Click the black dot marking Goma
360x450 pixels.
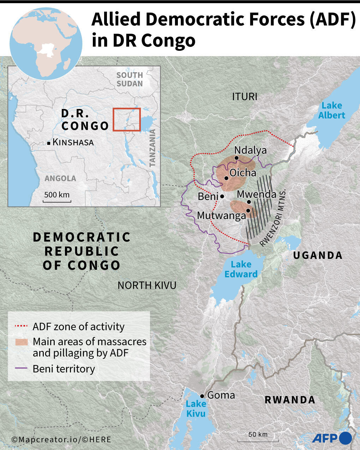[202, 396]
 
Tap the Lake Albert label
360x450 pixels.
[331, 110]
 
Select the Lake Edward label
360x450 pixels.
[241, 269]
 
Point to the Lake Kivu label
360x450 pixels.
[196, 408]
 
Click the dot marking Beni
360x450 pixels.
[222, 196]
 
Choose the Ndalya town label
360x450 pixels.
[250, 150]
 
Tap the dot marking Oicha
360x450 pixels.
[226, 178]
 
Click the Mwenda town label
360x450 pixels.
[256, 194]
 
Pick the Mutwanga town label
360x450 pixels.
[221, 215]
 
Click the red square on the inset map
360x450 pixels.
[127, 120]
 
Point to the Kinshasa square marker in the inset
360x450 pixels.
[49, 143]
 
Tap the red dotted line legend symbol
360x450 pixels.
[21, 327]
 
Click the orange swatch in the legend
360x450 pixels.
[21, 342]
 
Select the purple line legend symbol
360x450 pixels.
[21, 369]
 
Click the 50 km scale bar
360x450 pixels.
[258, 440]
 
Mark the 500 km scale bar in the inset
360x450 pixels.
[57, 201]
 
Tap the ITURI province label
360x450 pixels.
[245, 96]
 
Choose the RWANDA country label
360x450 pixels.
[290, 400]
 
